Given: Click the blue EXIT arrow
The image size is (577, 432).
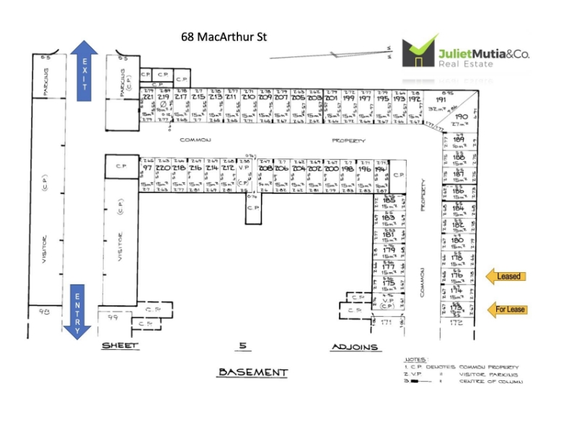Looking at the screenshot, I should [x=84, y=68].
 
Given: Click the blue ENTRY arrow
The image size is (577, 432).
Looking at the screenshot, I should [x=84, y=310].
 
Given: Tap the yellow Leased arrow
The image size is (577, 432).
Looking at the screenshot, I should [x=506, y=276].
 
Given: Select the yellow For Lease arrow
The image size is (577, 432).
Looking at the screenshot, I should [x=506, y=310].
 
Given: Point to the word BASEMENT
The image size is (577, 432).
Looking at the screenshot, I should [x=252, y=372].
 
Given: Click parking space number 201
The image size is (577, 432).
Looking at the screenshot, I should [x=332, y=98].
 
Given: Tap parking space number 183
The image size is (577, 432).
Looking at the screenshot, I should [x=388, y=217].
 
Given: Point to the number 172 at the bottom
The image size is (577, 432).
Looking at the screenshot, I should [x=456, y=323].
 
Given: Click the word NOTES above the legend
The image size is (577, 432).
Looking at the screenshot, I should [x=415, y=358].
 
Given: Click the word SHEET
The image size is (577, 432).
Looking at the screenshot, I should [x=119, y=346].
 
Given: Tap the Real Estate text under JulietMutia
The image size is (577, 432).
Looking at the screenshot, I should [x=466, y=63].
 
